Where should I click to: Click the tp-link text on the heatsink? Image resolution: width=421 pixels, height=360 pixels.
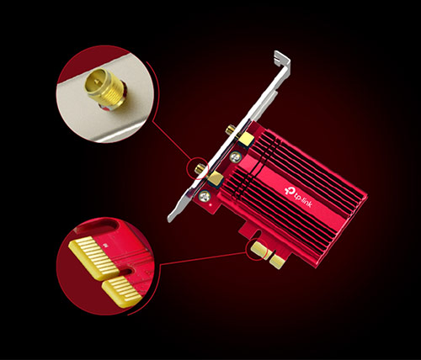pos(302,199)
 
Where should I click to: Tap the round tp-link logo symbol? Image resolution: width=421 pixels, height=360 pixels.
pos(289,190)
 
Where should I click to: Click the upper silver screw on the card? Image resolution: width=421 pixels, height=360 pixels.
pos(235,156)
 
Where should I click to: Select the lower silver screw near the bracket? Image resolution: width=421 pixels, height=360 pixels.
pos(205,196)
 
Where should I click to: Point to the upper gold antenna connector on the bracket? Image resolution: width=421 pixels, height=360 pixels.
pos(230,130)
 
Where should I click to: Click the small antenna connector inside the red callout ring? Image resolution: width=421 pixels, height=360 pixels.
pos(200,168)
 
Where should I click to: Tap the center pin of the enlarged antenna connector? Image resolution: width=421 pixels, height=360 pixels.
pos(97,82)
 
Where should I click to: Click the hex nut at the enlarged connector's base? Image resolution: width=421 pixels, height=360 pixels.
pos(112,104)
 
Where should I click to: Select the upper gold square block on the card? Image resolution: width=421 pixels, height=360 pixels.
pos(246,140)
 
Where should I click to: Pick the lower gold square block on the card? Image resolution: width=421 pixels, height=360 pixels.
pos(215,178)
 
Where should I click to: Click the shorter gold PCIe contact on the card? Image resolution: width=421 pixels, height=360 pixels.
pos(277,262)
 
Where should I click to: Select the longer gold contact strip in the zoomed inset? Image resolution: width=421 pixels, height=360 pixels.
pos(94,258)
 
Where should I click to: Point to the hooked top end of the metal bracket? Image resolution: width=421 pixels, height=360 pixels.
pos(282,58)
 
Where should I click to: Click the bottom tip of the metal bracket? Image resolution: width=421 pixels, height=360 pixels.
pos(170,219)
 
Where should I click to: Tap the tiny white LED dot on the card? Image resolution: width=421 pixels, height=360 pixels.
pos(211,205)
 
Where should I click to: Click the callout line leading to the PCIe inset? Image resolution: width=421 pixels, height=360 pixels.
pos(203,258)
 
